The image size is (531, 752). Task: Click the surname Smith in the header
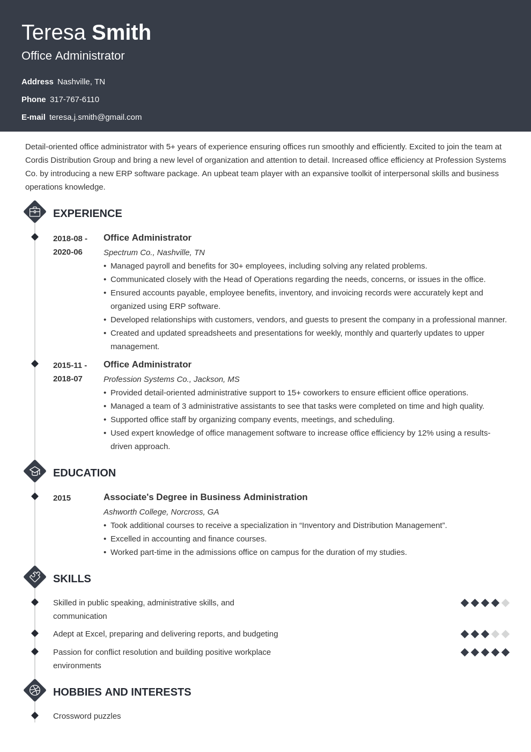(121, 33)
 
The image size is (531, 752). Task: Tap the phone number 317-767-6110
(75, 99)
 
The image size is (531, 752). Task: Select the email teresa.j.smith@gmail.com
(95, 117)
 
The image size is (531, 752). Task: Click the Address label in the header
(38, 82)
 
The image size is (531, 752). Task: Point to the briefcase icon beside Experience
(35, 212)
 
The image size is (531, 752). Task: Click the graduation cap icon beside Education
(35, 471)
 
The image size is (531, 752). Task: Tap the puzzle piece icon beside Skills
(35, 577)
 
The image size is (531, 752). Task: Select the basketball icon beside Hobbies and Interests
(35, 690)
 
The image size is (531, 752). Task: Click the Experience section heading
(87, 213)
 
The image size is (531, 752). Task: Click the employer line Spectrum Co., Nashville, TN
(154, 252)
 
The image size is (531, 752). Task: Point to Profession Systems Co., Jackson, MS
(171, 379)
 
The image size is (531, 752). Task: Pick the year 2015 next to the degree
(62, 498)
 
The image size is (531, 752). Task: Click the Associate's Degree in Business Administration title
(205, 497)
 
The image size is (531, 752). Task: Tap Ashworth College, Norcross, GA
(161, 512)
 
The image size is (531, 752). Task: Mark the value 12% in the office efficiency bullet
(424, 433)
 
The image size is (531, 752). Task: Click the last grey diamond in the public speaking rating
(505, 603)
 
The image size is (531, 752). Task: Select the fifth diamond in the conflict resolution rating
(505, 653)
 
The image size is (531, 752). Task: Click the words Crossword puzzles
(87, 716)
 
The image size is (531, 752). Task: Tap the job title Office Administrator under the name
(73, 56)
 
